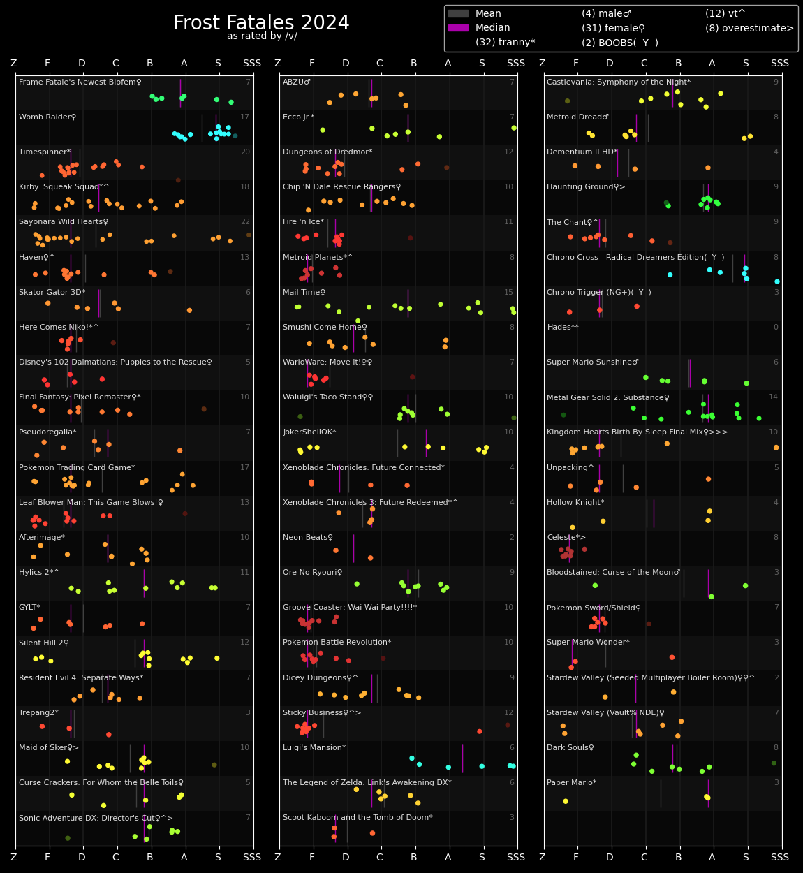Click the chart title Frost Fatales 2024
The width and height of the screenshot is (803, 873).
[x=261, y=23]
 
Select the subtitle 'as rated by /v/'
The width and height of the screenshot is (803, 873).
[x=262, y=36]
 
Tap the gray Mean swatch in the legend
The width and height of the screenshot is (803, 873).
[x=458, y=14]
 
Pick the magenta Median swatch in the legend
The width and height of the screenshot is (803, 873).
[x=458, y=28]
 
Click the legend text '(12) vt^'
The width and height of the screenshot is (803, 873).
[x=725, y=14]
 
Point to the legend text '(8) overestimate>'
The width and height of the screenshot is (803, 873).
[x=749, y=29]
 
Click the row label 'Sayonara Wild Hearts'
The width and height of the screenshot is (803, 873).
[x=64, y=222]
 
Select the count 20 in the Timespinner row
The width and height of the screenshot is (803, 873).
[x=244, y=152]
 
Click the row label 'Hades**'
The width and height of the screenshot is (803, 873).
[x=562, y=328]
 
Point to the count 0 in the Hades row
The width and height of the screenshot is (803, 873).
[x=775, y=328]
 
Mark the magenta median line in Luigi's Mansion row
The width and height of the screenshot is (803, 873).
[x=462, y=758]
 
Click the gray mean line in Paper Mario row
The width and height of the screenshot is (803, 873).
[x=661, y=793]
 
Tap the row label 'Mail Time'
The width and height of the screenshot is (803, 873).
[x=304, y=293]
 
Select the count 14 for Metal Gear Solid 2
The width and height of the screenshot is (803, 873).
[x=773, y=397]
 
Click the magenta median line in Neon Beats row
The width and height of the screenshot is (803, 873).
[x=353, y=548]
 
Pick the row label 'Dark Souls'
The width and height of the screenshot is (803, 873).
[x=570, y=748]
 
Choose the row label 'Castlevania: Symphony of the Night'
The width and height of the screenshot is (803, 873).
[x=618, y=82]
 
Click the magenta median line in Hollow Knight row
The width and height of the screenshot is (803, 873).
[x=654, y=513]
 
